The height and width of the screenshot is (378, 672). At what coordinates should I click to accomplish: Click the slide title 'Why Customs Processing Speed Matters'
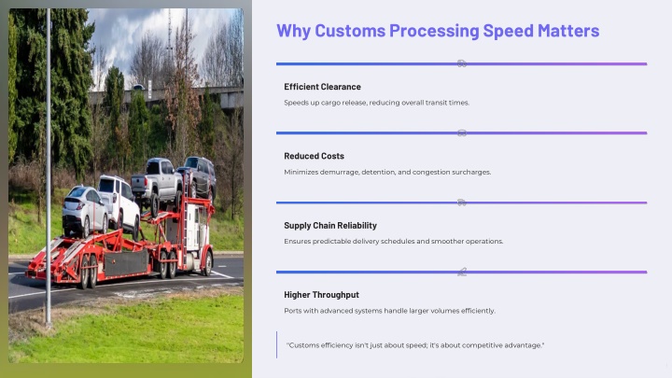pos(438,31)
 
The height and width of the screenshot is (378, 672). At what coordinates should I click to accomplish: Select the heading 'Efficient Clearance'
pos(322,87)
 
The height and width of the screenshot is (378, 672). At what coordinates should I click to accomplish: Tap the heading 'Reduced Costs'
pos(314,156)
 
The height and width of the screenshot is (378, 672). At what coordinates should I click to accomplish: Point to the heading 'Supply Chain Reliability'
pos(330,226)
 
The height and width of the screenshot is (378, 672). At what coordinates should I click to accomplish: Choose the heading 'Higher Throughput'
pos(321,295)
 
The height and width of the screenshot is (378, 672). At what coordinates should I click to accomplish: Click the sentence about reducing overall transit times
pos(377,103)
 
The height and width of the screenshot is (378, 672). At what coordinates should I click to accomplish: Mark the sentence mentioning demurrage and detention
pos(387,173)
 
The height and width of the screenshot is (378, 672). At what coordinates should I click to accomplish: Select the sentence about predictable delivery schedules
pos(394,242)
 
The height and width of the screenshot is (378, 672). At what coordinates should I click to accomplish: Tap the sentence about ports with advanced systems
pos(389,311)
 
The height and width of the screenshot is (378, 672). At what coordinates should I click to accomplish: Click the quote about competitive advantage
pos(415,345)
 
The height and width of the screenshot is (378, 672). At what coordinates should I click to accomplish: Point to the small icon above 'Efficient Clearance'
pos(462,63)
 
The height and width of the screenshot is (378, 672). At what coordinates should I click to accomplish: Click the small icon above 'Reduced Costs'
pos(462,133)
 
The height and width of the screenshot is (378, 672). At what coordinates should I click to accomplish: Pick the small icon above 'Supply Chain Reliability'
pos(462,203)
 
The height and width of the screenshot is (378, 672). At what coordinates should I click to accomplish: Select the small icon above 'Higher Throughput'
pos(462,272)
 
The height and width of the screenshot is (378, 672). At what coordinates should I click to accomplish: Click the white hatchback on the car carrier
pos(84,211)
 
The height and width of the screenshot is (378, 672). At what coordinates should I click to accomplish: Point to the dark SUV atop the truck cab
pos(198,175)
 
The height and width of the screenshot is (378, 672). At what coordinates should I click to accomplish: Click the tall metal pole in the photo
pos(49,167)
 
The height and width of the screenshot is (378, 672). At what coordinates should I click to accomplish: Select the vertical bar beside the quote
pos(277,344)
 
